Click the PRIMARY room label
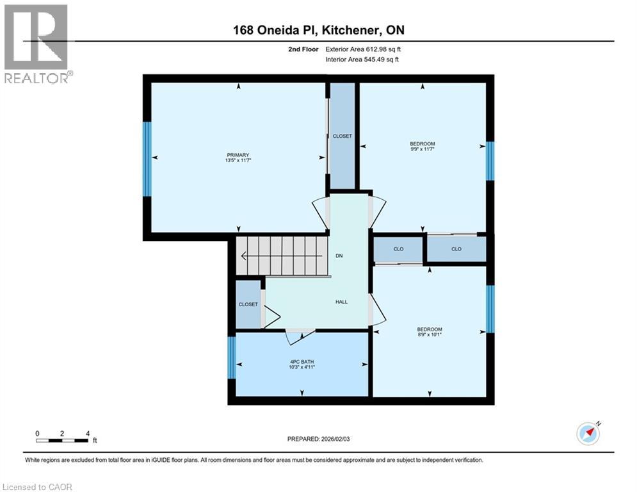coord(238,154)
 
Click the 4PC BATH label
coord(302,361)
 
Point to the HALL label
coord(341,302)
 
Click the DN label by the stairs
coord(339,256)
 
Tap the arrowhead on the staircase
coord(245,256)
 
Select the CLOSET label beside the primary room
coord(342,136)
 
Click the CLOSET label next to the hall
coord(248,305)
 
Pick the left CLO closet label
coord(398,249)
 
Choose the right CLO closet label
coord(456,249)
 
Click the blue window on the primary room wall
coord(147,158)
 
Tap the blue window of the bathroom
coord(232,358)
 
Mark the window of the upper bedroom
coord(490,161)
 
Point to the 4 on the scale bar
coord(87,433)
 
